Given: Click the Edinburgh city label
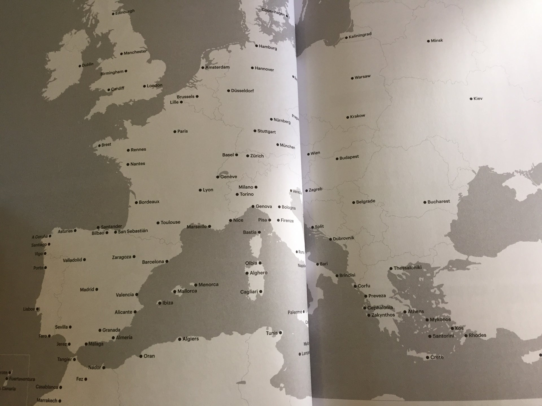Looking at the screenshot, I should pyautogui.click(x=125, y=12).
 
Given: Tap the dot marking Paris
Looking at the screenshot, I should pyautogui.click(x=175, y=132).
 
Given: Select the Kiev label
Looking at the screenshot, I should pyautogui.click(x=478, y=98).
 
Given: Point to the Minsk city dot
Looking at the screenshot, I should pyautogui.click(x=428, y=41).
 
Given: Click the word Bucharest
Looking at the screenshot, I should pyautogui.click(x=438, y=202).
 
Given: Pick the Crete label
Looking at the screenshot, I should pyautogui.click(x=437, y=357).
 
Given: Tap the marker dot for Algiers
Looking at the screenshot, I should pyautogui.click(x=180, y=339).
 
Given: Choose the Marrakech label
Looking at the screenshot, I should pyautogui.click(x=47, y=400).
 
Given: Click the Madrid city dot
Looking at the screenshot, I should pyautogui.click(x=97, y=289).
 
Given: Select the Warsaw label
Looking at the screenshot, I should pyautogui.click(x=362, y=77).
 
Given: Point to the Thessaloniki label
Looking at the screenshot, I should pyautogui.click(x=407, y=268).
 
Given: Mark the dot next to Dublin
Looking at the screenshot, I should pyautogui.click(x=80, y=66).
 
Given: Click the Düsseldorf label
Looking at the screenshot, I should pyautogui.click(x=242, y=91).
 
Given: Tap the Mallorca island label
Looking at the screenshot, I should pyautogui.click(x=187, y=291).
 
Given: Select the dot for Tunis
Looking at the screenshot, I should pyautogui.click(x=280, y=333).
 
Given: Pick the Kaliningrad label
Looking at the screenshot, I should pyautogui.click(x=360, y=36).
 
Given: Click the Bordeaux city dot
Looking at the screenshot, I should pyautogui.click(x=136, y=202).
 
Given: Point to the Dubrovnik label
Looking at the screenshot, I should pyautogui.click(x=343, y=238).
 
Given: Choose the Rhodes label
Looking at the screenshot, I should pyautogui.click(x=477, y=335).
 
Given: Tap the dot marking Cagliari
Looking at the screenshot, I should pyautogui.click(x=261, y=292).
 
